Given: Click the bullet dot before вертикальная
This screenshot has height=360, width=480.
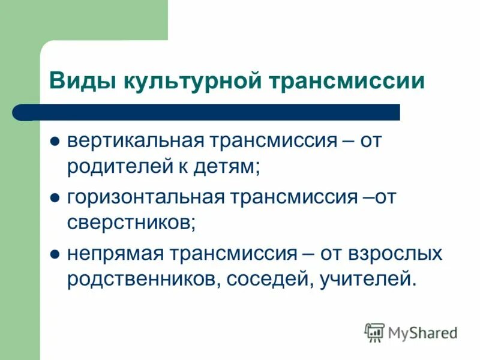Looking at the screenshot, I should tap(54, 143).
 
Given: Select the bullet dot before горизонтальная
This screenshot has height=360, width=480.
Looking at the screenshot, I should tap(54, 198).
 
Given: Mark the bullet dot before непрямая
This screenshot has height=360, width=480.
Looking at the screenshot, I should tap(54, 253).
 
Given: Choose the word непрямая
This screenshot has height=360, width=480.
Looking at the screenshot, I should tap(115, 253).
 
